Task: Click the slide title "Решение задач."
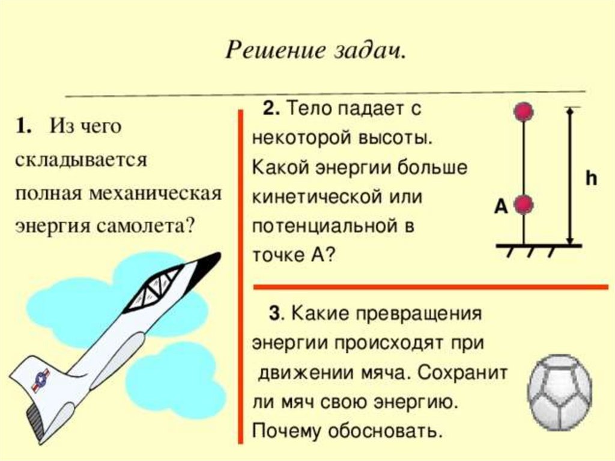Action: (316, 50)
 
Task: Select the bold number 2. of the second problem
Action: (271, 109)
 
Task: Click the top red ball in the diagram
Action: (524, 111)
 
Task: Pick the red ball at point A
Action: (524, 206)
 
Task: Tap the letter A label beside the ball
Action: (501, 207)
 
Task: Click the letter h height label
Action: (592, 179)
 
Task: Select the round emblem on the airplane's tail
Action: (41, 379)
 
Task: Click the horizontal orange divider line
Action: (430, 287)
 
